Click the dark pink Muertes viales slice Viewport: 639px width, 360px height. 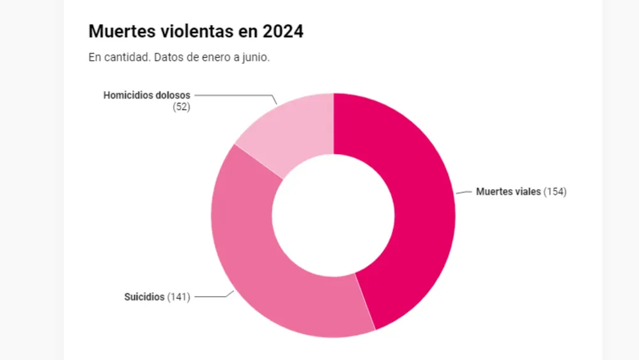pyautogui.click(x=415, y=192)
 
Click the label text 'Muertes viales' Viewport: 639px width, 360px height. pyautogui.click(x=508, y=191)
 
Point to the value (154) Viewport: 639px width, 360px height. pyautogui.click(x=555, y=191)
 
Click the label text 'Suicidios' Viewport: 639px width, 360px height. pyautogui.click(x=144, y=297)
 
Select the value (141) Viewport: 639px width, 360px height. pyautogui.click(x=178, y=297)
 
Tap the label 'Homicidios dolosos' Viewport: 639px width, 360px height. pyautogui.click(x=146, y=95)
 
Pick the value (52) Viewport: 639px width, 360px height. pyautogui.click(x=181, y=107)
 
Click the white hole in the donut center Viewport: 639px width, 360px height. pyautogui.click(x=333, y=215)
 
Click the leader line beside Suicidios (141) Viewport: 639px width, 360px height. pyautogui.click(x=211, y=297)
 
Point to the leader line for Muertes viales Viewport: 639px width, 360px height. pyautogui.click(x=463, y=191)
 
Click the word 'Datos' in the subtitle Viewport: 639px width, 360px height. pyautogui.click(x=166, y=57)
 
